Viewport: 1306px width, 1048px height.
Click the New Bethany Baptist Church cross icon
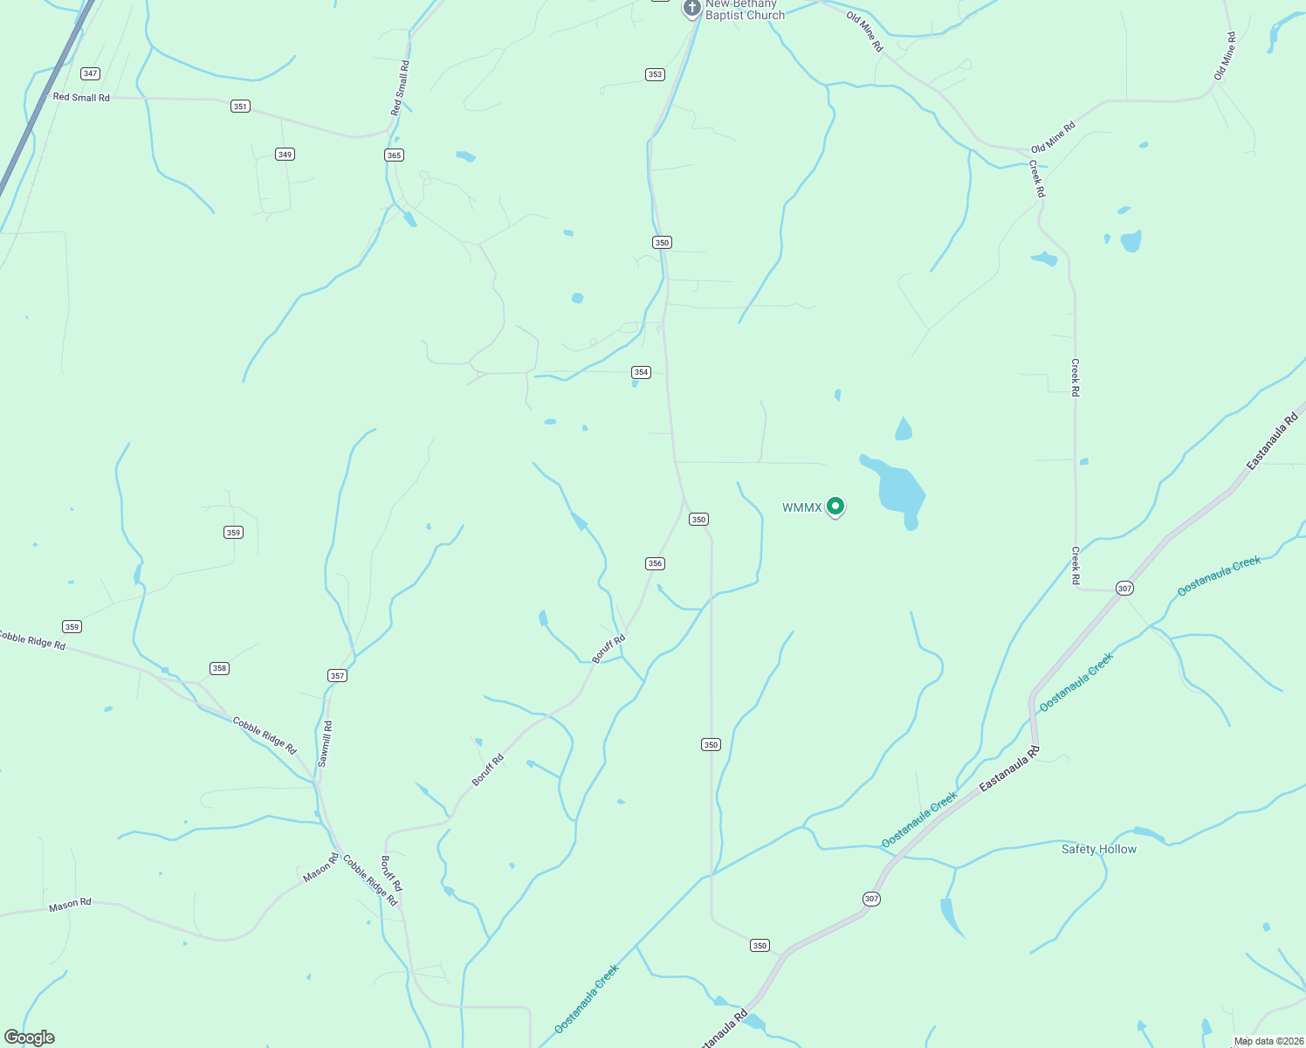691,8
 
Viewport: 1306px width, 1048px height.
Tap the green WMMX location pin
835,506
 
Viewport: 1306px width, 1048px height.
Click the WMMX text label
801,507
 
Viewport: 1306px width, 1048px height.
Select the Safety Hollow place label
1098,849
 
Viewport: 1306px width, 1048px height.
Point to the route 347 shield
90,73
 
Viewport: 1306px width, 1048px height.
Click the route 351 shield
240,107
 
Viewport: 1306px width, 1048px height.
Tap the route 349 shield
285,155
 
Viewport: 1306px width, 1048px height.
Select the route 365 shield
394,155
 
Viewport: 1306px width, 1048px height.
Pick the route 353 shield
655,74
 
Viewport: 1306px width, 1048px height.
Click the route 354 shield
641,372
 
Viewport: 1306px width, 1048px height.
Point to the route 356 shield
655,563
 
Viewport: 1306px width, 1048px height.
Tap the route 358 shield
219,668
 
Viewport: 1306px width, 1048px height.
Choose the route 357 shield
337,675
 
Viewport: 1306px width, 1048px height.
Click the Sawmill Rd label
325,744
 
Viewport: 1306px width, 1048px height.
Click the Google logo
30,1038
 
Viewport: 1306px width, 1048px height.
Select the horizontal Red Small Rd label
81,98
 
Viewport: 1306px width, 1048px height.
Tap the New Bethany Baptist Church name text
745,10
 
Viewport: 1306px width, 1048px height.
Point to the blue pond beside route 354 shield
635,383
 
